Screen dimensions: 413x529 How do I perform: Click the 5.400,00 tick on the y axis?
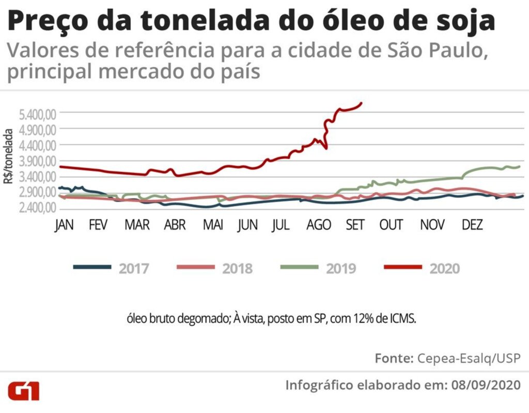[37, 114]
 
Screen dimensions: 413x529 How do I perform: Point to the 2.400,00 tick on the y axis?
[37, 209]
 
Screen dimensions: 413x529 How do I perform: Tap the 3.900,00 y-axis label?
[37, 161]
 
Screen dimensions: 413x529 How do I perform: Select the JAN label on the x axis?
[65, 226]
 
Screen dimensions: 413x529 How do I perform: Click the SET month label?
[355, 226]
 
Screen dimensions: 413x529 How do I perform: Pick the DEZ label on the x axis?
[472, 226]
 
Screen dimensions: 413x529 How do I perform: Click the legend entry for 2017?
[134, 268]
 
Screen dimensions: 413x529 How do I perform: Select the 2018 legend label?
[237, 268]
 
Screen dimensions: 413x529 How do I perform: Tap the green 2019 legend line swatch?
[300, 267]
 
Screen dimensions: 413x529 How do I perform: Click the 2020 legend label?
[444, 268]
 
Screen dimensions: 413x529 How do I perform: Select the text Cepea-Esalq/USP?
[469, 358]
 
